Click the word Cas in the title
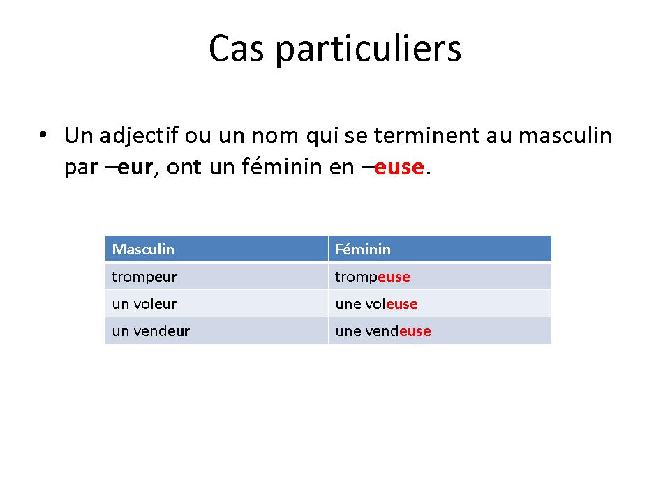pyautogui.click(x=237, y=48)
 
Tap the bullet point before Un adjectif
pyautogui.click(x=43, y=135)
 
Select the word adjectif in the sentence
pyautogui.click(x=139, y=136)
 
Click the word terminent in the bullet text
pyautogui.click(x=427, y=135)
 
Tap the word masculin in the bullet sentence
pyautogui.click(x=565, y=135)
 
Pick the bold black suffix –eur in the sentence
pyautogui.click(x=128, y=167)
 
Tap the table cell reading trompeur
pyautogui.click(x=216, y=277)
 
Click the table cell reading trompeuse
pyautogui.click(x=440, y=277)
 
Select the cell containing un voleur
pyautogui.click(x=216, y=303)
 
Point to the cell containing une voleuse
pyautogui.click(x=440, y=303)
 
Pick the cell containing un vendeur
pyautogui.click(x=216, y=330)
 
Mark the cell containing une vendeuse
pyautogui.click(x=440, y=330)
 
